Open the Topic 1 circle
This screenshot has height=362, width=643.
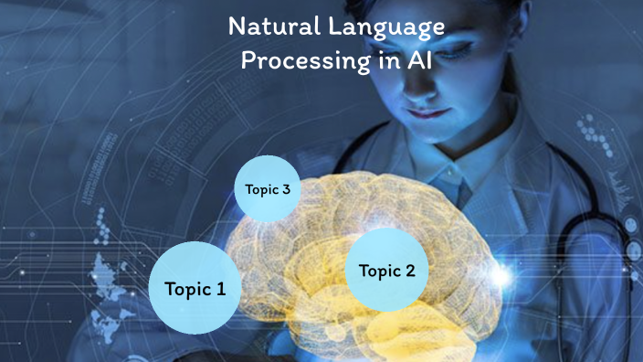[195, 287]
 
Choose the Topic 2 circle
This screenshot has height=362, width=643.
[386, 270]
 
